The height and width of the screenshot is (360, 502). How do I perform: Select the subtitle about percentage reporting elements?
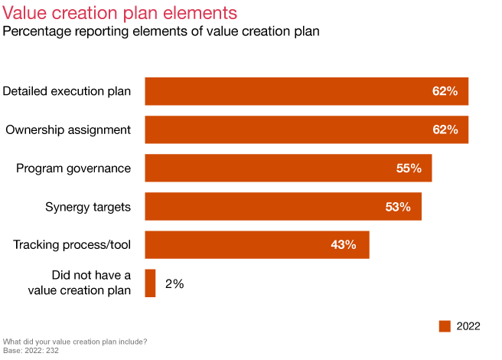coord(161,31)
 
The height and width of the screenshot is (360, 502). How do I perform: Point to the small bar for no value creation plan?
coord(150,283)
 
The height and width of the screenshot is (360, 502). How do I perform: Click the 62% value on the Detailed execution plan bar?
coord(445,91)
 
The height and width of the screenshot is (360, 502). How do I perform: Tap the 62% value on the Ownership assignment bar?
coord(445,129)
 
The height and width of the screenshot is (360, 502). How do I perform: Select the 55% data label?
coord(409,168)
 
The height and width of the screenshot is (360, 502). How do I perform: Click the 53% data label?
coord(398,206)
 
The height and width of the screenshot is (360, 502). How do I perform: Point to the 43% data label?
coord(344,244)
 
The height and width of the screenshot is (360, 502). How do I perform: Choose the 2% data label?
coord(174,283)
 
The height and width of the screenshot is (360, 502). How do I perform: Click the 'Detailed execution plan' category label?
coord(67,91)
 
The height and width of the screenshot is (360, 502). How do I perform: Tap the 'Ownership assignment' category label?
coord(69,129)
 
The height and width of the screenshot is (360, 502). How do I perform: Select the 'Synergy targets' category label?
coord(88,206)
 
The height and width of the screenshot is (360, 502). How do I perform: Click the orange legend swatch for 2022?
coord(445,326)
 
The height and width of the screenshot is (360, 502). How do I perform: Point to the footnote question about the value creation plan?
coord(75,342)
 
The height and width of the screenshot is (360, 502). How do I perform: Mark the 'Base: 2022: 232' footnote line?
coord(31,351)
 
